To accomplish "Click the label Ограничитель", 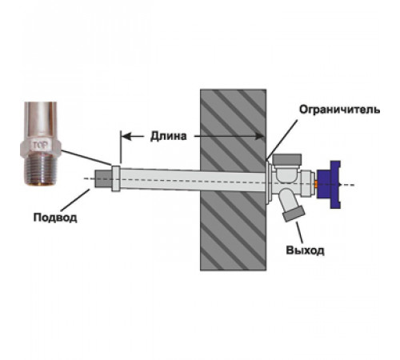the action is (x=339, y=110).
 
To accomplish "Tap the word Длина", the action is (x=168, y=136).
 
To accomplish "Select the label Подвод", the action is (x=55, y=218).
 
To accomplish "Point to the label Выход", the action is (x=305, y=250).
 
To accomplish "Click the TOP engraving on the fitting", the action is (x=40, y=145).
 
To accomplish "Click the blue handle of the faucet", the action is (x=329, y=185).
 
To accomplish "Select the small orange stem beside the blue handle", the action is (x=316, y=184).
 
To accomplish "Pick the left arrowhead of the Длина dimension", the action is (x=126, y=136).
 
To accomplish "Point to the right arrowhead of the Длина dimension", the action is (x=259, y=136).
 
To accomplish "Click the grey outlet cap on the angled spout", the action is (x=294, y=214).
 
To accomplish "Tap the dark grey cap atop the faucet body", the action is (x=287, y=159).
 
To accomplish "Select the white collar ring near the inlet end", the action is (x=116, y=178).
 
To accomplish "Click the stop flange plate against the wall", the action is (x=269, y=182).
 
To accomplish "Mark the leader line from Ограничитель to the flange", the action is (x=282, y=140).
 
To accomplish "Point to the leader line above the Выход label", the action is (x=300, y=233).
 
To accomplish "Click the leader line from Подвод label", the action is (x=75, y=200).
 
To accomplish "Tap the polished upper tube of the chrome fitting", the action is (x=41, y=120).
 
